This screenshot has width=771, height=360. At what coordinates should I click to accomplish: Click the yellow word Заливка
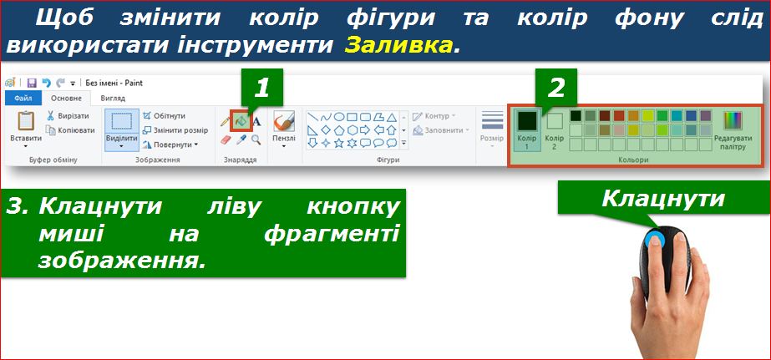(x=398, y=45)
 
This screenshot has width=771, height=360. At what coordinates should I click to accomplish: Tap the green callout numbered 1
(x=261, y=88)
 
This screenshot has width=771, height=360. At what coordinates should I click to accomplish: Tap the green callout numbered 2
(x=555, y=88)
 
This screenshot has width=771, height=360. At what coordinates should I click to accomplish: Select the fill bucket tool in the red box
(x=241, y=120)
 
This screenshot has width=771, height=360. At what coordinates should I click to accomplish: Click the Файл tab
(x=23, y=99)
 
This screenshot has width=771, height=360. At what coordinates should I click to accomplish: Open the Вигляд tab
(x=113, y=99)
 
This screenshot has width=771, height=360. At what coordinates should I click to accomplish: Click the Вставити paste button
(x=26, y=127)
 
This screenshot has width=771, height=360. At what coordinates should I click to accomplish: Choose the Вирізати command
(x=68, y=116)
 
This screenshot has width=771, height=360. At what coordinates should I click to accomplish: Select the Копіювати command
(x=70, y=130)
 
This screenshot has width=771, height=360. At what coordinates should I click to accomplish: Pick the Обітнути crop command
(x=165, y=115)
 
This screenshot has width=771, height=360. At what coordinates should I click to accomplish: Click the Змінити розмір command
(x=175, y=130)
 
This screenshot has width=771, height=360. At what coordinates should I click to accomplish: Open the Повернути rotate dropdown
(x=170, y=145)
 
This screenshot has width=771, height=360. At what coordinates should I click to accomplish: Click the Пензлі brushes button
(x=284, y=128)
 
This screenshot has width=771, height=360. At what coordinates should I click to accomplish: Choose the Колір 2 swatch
(x=554, y=130)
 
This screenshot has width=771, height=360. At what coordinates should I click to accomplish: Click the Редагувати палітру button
(x=733, y=131)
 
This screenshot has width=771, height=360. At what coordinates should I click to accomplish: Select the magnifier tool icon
(x=256, y=139)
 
